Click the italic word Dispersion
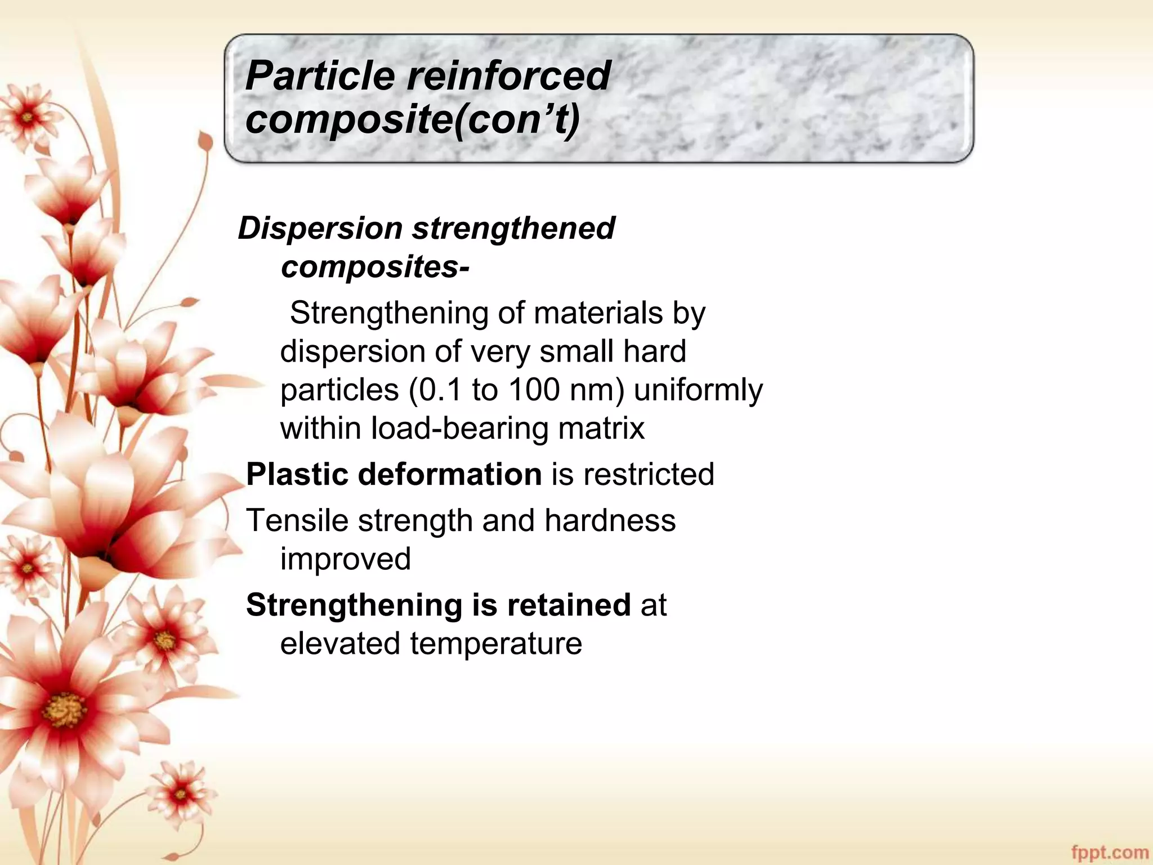[x=320, y=229]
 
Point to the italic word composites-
[x=375, y=267]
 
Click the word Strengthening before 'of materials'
[x=389, y=313]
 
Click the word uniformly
[x=698, y=390]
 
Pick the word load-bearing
[x=459, y=428]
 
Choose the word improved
[x=346, y=559]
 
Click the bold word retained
[x=569, y=605]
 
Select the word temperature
[x=496, y=644]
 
